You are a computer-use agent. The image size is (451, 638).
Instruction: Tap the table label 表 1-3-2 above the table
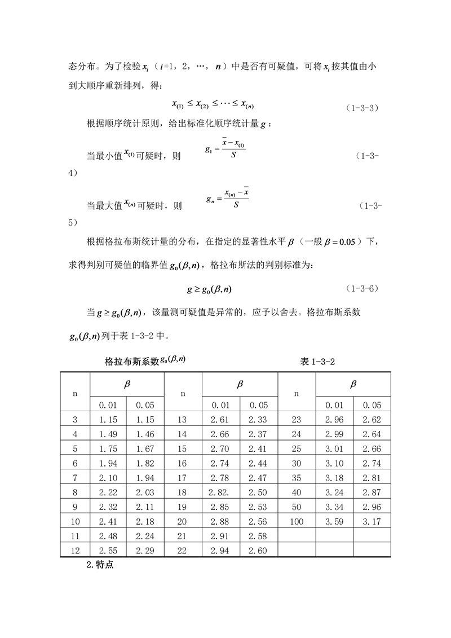click(317, 362)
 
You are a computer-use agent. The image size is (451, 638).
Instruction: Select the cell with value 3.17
click(372, 522)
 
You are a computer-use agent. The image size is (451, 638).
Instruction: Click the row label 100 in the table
click(297, 522)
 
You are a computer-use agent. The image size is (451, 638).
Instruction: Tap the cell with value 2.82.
click(221, 492)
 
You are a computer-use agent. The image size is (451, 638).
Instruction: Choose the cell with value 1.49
click(107, 434)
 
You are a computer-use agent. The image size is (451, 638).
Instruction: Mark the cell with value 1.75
click(107, 448)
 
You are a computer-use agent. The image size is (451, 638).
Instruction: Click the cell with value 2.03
click(145, 492)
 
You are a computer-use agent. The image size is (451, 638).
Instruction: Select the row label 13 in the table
click(183, 419)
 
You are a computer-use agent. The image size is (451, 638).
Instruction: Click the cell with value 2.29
click(145, 551)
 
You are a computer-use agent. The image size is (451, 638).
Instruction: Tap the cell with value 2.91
click(221, 536)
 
